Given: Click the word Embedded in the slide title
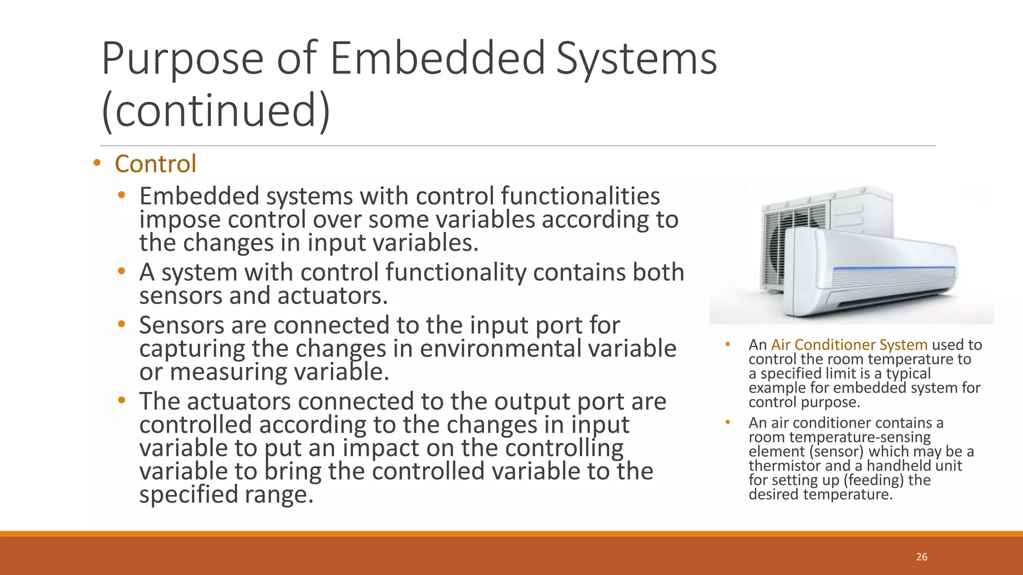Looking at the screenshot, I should tap(438, 58).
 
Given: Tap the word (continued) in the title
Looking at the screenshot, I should tap(216, 110).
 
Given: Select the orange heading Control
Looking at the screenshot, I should tap(155, 164).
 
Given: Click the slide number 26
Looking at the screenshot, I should tap(922, 557).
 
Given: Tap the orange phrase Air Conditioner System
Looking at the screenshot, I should tap(849, 344).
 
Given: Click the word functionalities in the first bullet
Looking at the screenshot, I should tap(580, 196).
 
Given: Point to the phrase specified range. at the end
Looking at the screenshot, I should tap(226, 495).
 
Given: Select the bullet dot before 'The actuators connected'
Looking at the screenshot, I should tap(121, 400).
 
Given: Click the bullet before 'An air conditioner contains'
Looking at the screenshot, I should tap(728, 422).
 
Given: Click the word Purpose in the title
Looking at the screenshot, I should tap(182, 58).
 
